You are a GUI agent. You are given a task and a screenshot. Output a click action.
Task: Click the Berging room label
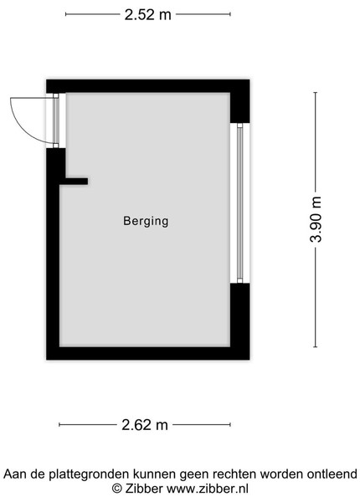click(146, 221)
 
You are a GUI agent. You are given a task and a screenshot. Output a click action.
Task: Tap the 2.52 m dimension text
click(148, 15)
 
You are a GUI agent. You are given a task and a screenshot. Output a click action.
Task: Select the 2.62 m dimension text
click(145, 425)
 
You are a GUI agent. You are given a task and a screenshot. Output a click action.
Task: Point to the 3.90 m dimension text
click(316, 219)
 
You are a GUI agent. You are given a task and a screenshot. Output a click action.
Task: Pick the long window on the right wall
click(240, 203)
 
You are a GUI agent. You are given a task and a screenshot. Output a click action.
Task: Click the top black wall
click(147, 86)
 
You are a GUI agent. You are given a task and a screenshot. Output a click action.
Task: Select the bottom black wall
click(147, 353)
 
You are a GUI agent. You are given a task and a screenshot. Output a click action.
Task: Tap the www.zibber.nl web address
click(208, 489)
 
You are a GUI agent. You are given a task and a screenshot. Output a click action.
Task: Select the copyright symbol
click(117, 489)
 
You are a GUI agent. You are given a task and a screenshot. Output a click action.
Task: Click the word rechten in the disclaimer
click(234, 474)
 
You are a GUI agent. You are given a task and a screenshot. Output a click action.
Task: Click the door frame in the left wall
click(56, 120)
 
